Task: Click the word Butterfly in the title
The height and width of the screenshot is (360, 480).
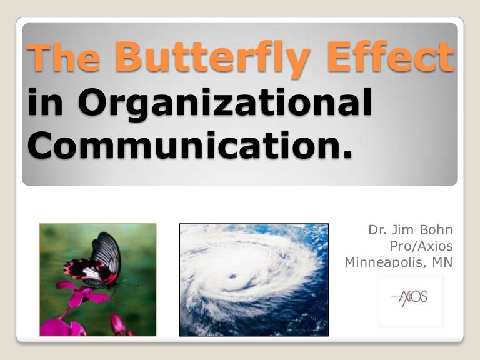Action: click(x=212, y=58)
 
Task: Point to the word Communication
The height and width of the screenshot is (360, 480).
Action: click(x=179, y=146)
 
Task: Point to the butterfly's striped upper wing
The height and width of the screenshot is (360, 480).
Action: click(x=107, y=249)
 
